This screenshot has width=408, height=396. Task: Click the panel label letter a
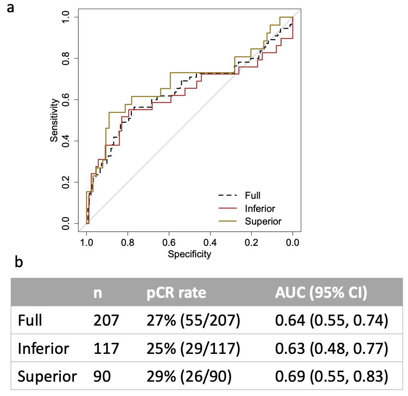coord(11,8)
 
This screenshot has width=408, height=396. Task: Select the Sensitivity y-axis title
coord(54,120)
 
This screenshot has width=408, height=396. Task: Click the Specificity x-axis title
coord(189,254)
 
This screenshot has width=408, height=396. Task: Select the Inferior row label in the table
coord(43,349)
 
